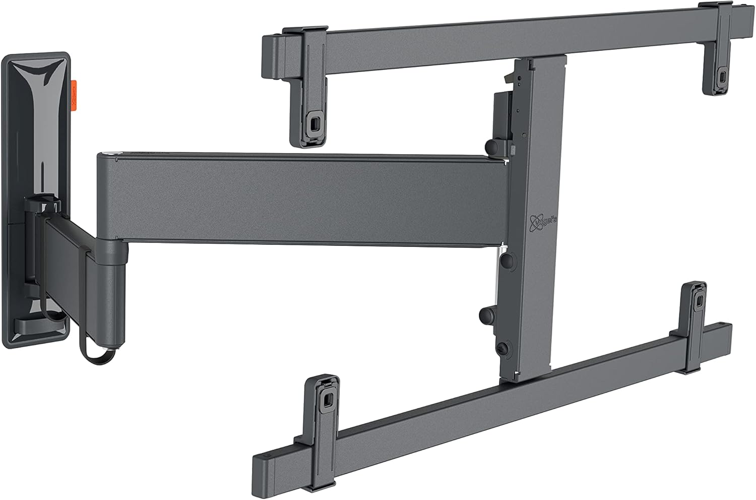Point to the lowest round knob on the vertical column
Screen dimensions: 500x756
tap(485, 316)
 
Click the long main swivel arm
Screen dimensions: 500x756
tap(302, 202)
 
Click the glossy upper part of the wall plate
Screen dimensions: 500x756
tap(35, 91)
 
